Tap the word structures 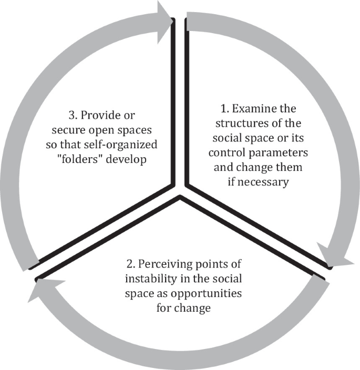(x=238, y=125)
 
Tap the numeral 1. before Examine (x=223, y=110)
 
